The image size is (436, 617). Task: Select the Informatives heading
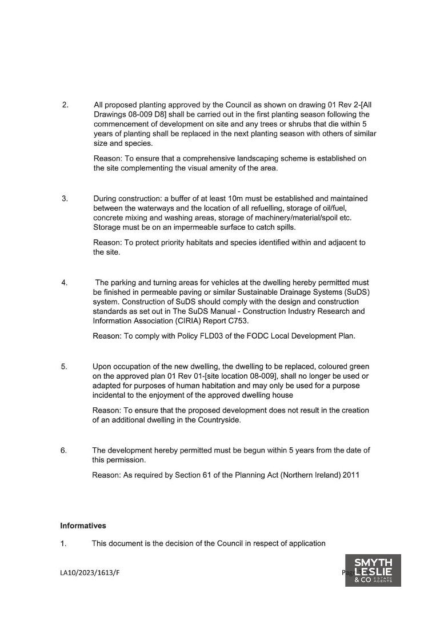(x=83, y=526)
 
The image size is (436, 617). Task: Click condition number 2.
(x=65, y=105)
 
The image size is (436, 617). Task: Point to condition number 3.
(x=65, y=199)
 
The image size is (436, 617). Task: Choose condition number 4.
(x=65, y=282)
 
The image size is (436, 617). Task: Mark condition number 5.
(x=64, y=366)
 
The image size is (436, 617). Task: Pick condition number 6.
(x=64, y=450)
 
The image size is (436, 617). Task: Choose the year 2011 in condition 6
(x=351, y=475)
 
